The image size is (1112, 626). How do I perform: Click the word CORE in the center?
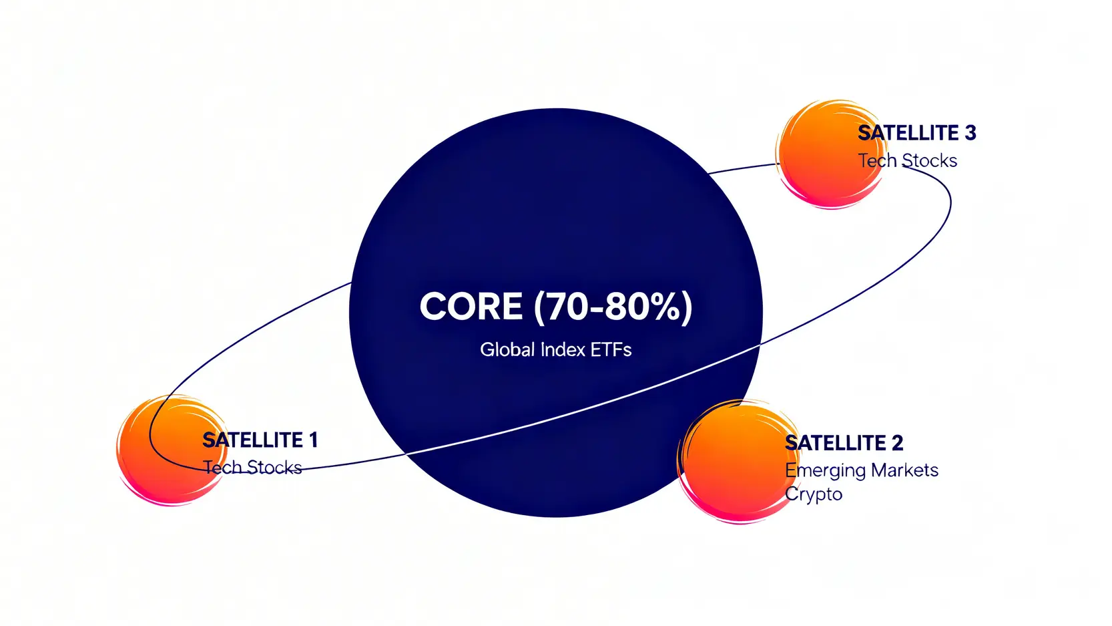coord(471,306)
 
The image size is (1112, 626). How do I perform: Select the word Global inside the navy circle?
coord(507,349)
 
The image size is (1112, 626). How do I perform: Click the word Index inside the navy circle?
coord(563,349)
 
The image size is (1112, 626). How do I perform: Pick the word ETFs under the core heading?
coord(611,349)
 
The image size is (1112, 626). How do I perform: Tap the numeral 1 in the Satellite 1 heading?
coord(313,440)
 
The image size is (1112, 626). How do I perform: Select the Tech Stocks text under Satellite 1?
coord(253,468)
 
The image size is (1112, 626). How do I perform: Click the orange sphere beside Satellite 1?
coord(172,450)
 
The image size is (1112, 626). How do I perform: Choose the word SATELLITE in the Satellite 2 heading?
coord(835,443)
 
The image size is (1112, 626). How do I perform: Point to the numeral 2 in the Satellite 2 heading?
coord(897,443)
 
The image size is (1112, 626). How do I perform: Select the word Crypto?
coord(814,495)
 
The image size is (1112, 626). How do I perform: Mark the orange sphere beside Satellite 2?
coord(739,461)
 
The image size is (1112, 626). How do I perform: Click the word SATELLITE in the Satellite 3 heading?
coord(908,133)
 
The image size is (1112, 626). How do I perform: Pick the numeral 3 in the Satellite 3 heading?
coord(970,133)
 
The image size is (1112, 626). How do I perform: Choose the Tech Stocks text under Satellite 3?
coord(908,160)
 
